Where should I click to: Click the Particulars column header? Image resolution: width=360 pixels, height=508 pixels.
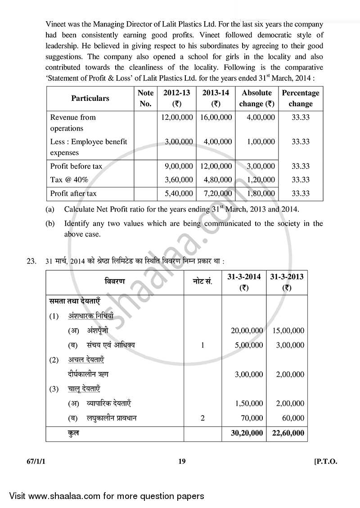pos(90,98)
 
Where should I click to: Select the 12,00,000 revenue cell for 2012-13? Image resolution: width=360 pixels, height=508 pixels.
pos(177,117)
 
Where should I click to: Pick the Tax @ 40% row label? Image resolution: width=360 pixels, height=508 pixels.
pos(69,180)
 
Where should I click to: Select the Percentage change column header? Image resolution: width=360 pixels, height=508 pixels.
pos(300,98)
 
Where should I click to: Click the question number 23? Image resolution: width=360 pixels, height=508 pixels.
pos(31,261)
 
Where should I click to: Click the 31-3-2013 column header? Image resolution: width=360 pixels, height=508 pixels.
pos(287,282)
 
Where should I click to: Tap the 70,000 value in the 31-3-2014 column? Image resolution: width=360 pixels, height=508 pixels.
pos(252,418)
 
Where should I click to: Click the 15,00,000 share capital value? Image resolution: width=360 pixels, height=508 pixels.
pos(288,331)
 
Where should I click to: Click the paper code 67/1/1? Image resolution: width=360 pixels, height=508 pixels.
pos(34,461)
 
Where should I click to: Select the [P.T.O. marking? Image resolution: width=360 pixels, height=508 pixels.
pos(325,461)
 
